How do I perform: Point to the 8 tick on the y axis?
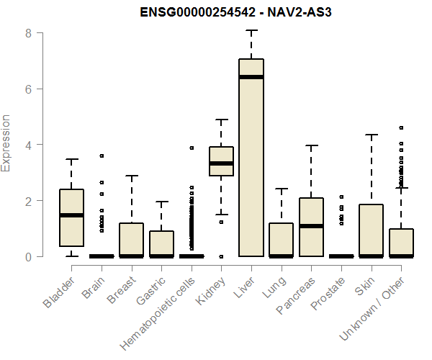(x=27, y=33)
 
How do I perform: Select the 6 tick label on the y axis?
(x=27, y=89)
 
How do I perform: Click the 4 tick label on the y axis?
(x=27, y=145)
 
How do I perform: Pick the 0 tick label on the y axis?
(x=27, y=256)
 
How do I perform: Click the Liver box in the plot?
(x=251, y=157)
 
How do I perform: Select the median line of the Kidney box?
(x=221, y=163)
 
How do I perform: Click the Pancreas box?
(x=311, y=227)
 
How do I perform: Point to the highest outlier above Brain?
(x=102, y=156)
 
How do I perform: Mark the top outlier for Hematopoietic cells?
(x=192, y=148)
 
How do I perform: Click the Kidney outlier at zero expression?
(x=221, y=256)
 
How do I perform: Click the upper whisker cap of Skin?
(x=372, y=135)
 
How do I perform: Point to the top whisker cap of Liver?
(x=251, y=31)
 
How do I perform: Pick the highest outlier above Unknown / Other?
(x=401, y=128)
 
